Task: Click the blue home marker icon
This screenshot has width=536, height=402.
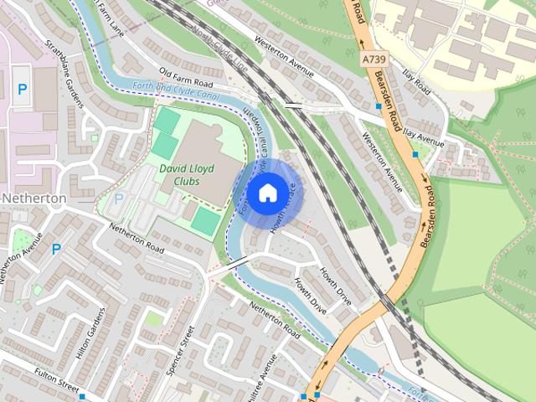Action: pyautogui.click(x=266, y=193)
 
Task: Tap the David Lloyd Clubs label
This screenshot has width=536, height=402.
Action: pyautogui.click(x=186, y=174)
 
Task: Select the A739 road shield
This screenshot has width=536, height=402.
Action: pyautogui.click(x=374, y=59)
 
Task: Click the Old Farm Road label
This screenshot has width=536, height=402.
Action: pyautogui.click(x=185, y=80)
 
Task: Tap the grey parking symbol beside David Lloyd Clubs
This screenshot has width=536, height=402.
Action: pyautogui.click(x=117, y=199)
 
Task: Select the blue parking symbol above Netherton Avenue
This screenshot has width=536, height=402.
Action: pyautogui.click(x=56, y=249)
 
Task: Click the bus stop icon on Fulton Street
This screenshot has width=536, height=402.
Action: pyautogui.click(x=82, y=396)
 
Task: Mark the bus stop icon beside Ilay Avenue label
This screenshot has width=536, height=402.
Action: pyautogui.click(x=415, y=155)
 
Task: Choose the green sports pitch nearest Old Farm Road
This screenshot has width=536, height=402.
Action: pyautogui.click(x=167, y=122)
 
